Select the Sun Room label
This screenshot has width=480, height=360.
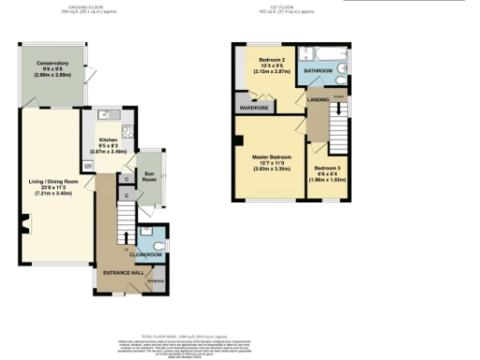[148, 174]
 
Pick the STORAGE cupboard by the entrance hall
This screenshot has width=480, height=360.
[156, 278]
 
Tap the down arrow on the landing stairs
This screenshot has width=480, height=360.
[338, 112]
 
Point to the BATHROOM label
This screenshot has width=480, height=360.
[318, 69]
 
